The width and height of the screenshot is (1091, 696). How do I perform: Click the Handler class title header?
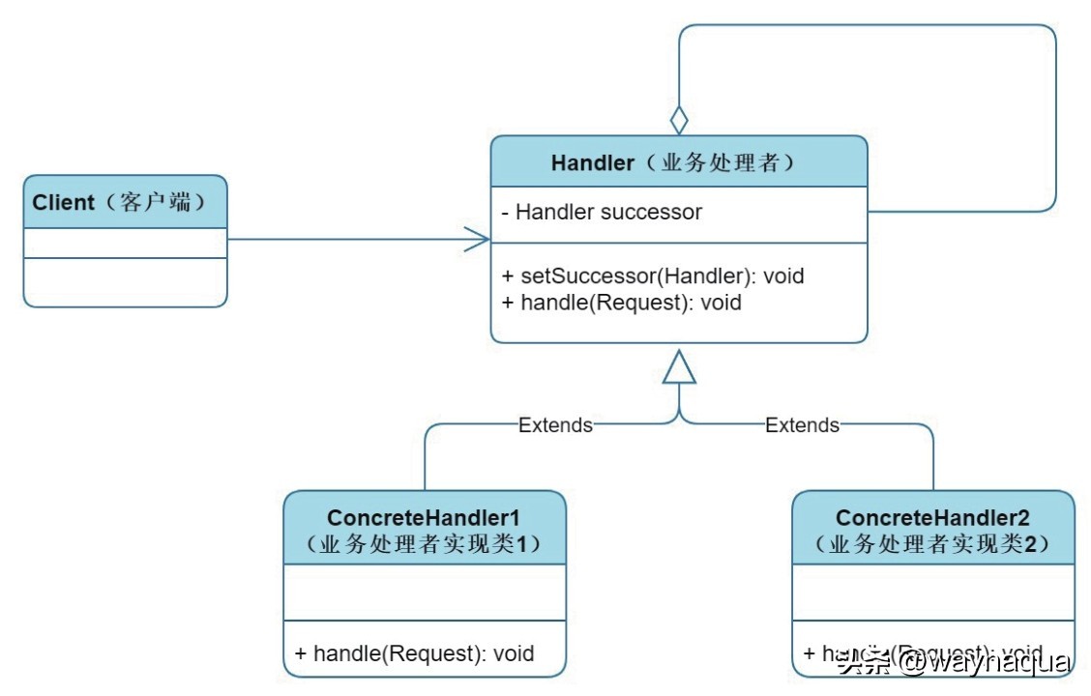(678, 161)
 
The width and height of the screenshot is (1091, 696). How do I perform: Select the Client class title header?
(125, 202)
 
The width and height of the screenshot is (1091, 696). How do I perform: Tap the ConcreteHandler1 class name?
(424, 518)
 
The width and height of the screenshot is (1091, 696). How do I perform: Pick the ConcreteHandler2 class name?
(932, 518)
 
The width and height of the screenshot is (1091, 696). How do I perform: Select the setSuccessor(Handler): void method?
(653, 275)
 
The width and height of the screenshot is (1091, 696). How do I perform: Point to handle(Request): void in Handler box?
(621, 303)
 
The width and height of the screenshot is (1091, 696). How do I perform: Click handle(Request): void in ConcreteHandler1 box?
(414, 653)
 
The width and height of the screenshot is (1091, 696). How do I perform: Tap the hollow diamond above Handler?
(679, 121)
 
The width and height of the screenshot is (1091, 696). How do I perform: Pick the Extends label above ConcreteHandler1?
(555, 424)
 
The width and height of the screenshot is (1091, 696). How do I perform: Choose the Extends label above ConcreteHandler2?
(802, 424)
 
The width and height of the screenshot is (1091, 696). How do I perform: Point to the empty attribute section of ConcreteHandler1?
(424, 592)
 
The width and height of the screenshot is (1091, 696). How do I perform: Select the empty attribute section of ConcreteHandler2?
(932, 592)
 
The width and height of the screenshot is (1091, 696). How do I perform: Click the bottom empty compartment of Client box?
(125, 282)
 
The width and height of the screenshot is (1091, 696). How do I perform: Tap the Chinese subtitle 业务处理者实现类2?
(932, 544)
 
